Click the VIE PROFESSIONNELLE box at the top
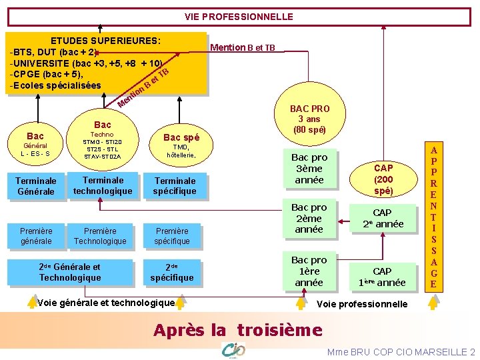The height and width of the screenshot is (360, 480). point(239,16)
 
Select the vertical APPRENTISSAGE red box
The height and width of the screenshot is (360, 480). point(433,217)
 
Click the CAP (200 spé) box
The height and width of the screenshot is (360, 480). point(383,179)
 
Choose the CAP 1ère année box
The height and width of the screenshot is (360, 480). point(382,276)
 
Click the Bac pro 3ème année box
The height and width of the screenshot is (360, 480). point(309,169)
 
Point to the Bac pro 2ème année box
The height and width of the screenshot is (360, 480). point(309,218)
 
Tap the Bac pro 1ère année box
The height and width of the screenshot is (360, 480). point(309,271)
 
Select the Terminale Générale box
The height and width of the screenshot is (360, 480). point(36,186)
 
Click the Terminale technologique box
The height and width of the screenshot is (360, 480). point(103,185)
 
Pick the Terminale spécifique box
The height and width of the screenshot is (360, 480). point(175,186)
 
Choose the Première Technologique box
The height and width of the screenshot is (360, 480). point(100,236)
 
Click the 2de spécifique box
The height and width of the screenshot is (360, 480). point(171,272)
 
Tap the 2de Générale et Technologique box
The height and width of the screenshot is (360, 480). point(69,272)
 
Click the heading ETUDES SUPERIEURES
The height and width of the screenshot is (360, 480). point(105,41)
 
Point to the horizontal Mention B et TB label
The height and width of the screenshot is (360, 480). point(242,47)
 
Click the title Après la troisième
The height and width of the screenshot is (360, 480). point(238,329)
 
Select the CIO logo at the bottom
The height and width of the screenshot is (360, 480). point(233,349)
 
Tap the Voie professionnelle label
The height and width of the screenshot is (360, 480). point(363,304)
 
